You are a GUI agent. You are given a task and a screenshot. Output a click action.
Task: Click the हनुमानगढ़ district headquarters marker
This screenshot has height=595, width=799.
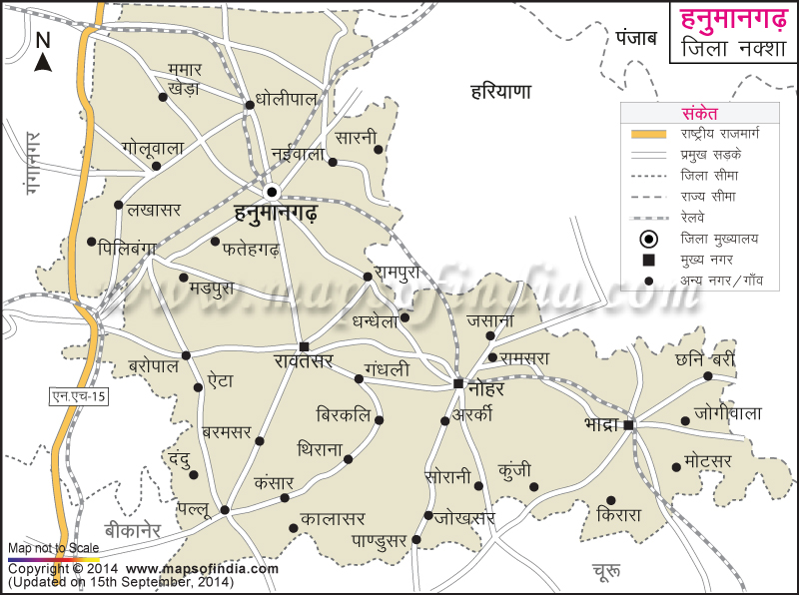[271, 192]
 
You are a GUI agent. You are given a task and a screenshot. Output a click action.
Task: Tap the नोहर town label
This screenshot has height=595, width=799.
[486, 389]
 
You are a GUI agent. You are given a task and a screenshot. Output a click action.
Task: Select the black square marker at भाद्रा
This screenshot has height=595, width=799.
[628, 426]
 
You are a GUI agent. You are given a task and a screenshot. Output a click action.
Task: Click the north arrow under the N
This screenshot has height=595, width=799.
[43, 62]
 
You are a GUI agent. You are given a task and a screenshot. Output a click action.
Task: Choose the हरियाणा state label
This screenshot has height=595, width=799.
[500, 92]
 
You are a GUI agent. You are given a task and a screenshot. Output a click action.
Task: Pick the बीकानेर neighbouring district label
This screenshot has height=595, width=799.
[133, 530]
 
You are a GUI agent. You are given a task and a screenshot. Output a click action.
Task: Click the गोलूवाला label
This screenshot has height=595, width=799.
[153, 147]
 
